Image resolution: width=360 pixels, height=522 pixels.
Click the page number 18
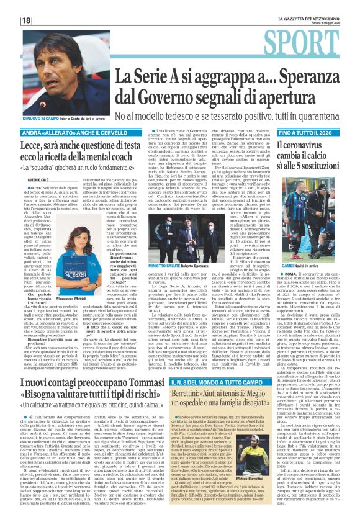tap(9, 19)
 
